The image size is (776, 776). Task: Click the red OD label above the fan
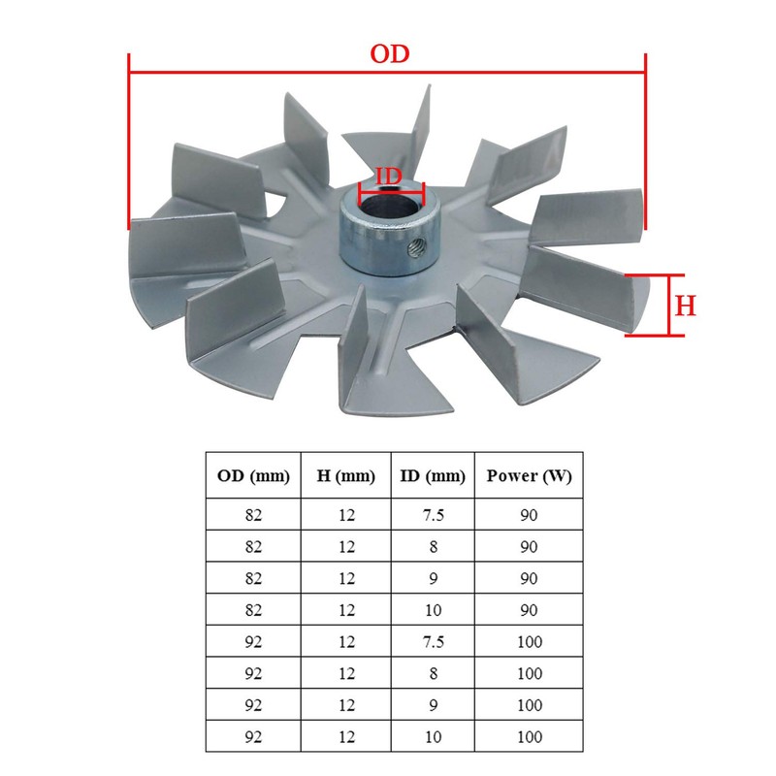point(389,54)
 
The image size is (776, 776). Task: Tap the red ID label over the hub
point(389,176)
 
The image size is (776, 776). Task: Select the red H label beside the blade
point(685,307)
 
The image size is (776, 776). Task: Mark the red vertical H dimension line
point(668,306)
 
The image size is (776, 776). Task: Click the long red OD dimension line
point(387,72)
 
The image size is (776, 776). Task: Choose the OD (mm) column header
point(254,476)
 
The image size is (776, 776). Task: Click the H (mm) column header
point(346,476)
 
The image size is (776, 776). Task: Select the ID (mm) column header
point(434,476)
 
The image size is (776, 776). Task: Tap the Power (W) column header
point(529,476)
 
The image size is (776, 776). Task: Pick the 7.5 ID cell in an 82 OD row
point(434,515)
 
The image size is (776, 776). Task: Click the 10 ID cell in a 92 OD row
point(434,737)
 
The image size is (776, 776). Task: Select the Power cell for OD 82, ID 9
point(529,578)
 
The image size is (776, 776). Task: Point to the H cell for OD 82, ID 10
point(346,610)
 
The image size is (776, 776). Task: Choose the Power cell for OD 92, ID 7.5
point(529,642)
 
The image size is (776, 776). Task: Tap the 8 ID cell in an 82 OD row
point(434,546)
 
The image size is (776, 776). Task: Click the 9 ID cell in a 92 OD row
point(434,705)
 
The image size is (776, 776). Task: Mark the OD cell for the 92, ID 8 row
point(254,674)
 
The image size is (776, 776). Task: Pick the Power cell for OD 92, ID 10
point(529,737)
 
